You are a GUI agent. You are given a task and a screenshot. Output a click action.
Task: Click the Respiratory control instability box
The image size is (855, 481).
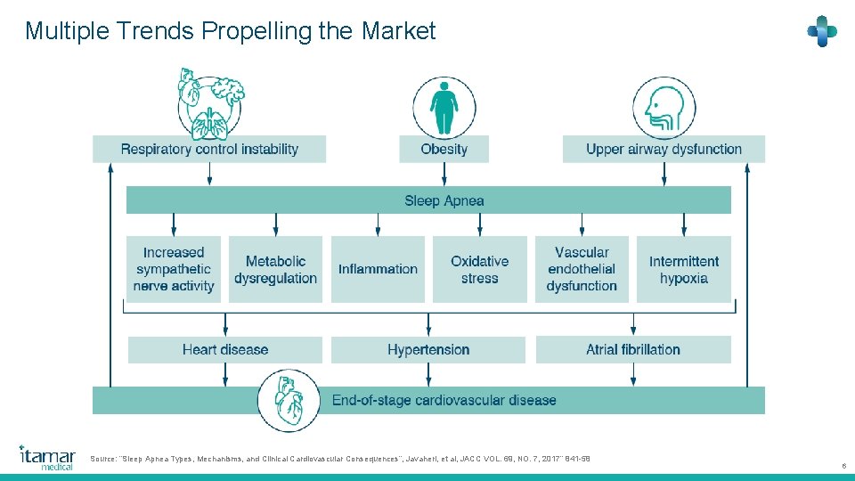pos(209,149)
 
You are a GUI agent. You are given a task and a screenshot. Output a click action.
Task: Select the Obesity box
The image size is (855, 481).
pos(444,149)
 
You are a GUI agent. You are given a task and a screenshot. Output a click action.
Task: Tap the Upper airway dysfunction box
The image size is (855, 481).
pos(664,149)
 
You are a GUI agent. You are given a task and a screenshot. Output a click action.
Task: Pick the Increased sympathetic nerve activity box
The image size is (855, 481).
pos(174,269)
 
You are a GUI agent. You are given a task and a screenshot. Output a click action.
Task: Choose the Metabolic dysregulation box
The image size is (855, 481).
pos(275,269)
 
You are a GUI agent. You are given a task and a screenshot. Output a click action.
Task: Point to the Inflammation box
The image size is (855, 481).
pos(378,269)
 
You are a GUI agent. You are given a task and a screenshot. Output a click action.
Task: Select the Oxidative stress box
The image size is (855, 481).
pos(479,269)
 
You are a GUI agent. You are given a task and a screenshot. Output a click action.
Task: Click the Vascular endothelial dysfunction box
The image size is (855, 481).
pos(582,269)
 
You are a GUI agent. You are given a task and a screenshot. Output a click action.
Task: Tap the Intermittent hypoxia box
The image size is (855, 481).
pos(684,269)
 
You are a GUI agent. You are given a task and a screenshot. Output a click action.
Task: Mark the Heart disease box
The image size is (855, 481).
pos(225,349)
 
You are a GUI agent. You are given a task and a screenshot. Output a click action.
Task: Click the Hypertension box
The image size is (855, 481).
pos(428,349)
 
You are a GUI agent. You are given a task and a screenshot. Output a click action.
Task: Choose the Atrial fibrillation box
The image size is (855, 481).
pos(633,349)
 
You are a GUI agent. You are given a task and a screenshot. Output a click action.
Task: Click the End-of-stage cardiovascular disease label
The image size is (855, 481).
pos(444,401)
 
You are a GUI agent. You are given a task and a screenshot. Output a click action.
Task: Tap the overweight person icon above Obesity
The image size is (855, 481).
pos(444,106)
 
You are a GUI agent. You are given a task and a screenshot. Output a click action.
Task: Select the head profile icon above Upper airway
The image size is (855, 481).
pos(664,107)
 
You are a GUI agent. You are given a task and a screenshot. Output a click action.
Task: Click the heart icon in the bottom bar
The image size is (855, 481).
pos(289,402)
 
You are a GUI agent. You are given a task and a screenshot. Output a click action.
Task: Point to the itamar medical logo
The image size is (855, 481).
pos(47,457)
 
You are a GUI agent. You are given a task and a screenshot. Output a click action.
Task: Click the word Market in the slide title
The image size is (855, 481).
pos(398,31)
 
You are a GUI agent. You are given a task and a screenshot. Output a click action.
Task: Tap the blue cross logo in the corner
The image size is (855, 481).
pos(821,31)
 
